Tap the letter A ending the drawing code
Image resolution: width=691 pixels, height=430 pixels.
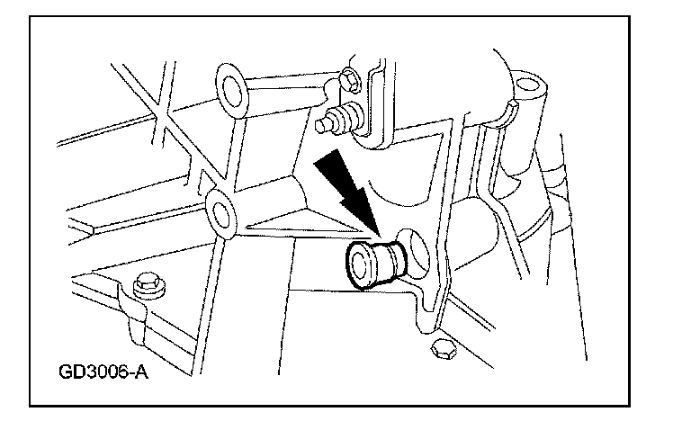click(140, 372)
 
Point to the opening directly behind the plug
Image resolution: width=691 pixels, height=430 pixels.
click(415, 249)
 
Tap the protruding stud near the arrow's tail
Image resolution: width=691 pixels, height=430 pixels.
click(338, 118)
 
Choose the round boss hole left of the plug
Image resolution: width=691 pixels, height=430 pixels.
click(219, 214)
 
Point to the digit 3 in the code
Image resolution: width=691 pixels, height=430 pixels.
click(94, 372)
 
